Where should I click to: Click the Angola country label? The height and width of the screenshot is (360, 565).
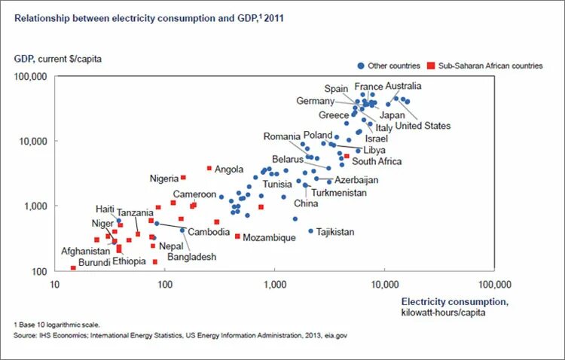(229, 169)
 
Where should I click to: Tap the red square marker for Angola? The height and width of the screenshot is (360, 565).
(209, 168)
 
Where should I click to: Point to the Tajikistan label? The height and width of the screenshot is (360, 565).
(335, 232)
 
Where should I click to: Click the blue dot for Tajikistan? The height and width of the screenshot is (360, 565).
(310, 231)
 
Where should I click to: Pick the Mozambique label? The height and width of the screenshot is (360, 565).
(269, 238)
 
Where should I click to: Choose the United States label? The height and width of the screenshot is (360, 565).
(423, 126)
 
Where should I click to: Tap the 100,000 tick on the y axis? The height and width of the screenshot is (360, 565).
(31, 77)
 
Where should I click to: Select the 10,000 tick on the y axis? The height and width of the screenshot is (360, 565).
(33, 142)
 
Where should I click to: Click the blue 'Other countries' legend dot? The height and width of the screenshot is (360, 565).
(361, 66)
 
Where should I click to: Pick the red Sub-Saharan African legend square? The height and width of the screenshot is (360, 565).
(431, 66)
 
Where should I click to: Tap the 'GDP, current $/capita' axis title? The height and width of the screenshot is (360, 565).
(58, 58)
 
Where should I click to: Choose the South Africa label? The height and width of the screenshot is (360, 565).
(377, 161)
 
